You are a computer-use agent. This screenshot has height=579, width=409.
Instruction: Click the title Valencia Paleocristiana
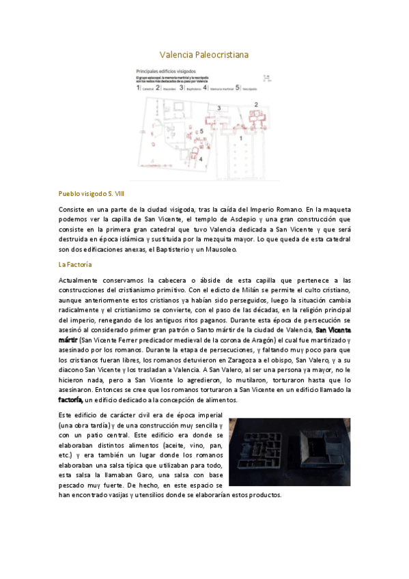tap(204, 54)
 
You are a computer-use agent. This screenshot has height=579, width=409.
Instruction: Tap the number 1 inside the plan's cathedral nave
tap(240, 139)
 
